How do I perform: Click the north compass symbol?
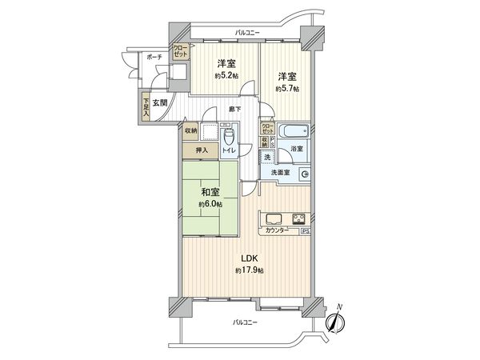coord(337,320)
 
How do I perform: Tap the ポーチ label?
coord(155,58)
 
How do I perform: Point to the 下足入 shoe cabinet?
coord(146,107)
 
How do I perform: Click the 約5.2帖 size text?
coord(225,76)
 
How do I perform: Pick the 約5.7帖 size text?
coord(287,89)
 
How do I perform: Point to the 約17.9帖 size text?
coord(250,271)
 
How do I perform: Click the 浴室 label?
coord(296,149)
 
